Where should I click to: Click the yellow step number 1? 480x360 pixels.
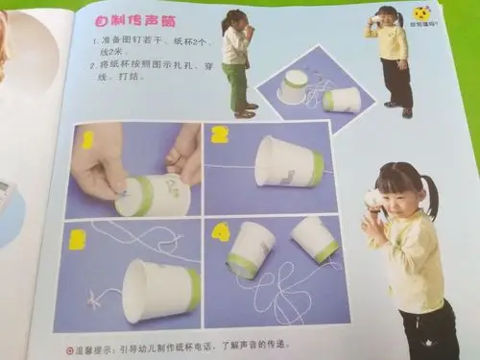[87, 140]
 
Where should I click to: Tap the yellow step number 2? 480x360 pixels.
[219, 133]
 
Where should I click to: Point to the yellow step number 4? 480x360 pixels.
[221, 231]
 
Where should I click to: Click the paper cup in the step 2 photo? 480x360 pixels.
[288, 162]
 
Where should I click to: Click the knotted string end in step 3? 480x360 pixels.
[100, 305]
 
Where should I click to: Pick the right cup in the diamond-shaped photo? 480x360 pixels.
[341, 99]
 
